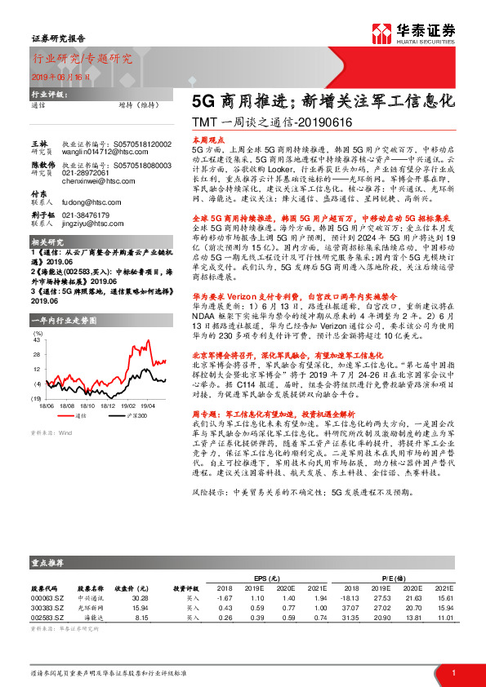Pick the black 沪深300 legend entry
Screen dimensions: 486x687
pos(123,415)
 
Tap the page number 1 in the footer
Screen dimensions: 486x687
pos(453,673)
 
